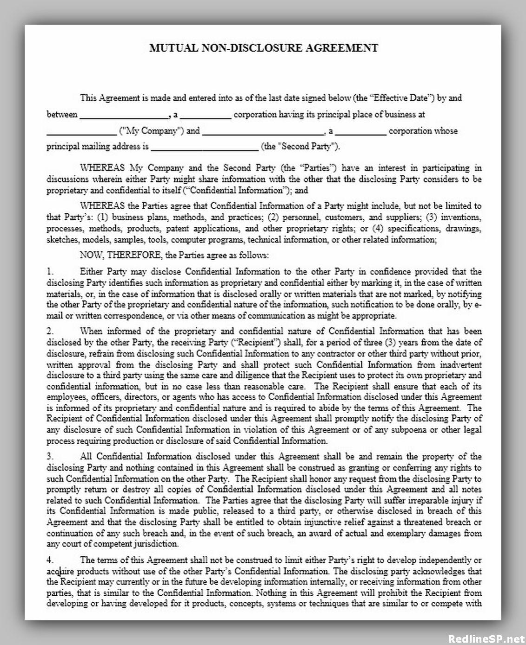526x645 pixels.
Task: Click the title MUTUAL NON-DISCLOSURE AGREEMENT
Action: pos(263,48)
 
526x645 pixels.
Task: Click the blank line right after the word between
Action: pos(125,115)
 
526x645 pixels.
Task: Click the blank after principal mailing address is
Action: pos(204,147)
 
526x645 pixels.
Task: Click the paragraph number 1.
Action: pos(50,272)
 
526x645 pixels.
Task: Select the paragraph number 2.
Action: pos(50,331)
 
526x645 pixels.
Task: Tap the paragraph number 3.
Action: pos(50,457)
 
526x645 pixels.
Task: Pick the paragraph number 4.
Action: pos(50,560)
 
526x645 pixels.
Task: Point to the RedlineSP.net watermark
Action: pos(485,638)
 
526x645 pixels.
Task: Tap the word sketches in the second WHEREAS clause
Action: pos(62,240)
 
